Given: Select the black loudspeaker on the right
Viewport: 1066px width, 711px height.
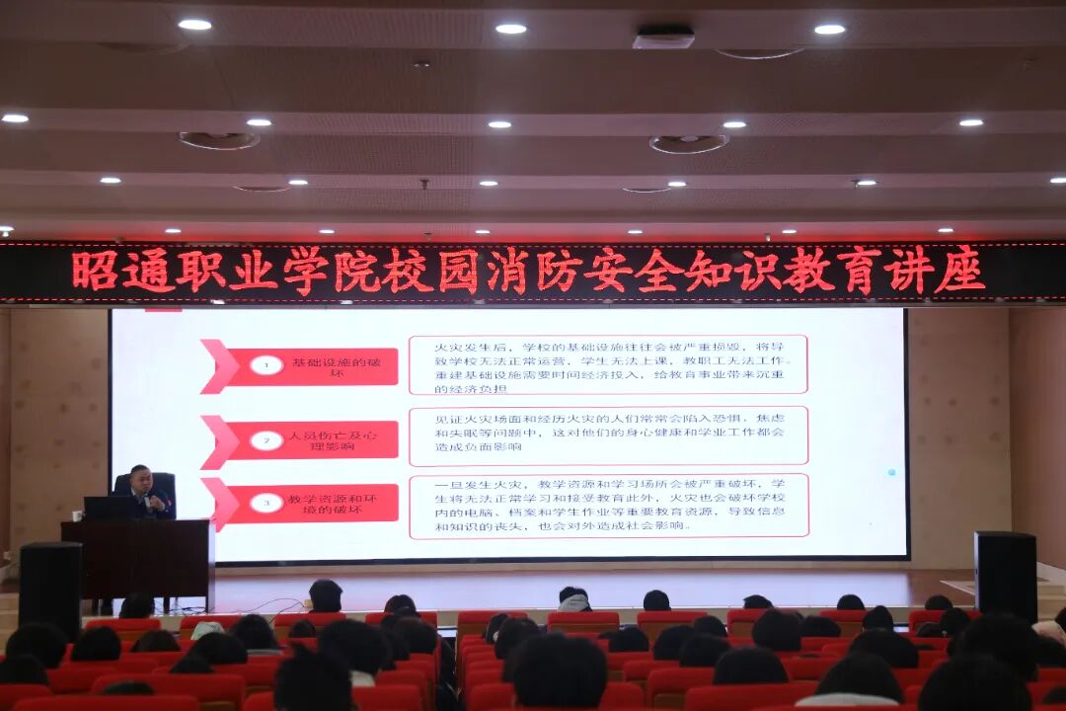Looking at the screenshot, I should coord(1005,577).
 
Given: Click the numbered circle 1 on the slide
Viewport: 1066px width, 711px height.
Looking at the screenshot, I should coord(266,365).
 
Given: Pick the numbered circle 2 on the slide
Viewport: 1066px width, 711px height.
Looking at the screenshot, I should coord(266,440).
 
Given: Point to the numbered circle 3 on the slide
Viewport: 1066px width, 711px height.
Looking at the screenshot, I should coord(266,503).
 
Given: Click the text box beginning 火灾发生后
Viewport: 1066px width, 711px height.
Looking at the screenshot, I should coord(608,364).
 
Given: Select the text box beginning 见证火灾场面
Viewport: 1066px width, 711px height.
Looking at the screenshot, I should coord(608,435).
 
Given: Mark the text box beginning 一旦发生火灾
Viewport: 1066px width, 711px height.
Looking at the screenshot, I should coord(608,506).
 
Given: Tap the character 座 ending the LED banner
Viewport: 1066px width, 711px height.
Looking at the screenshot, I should coord(959,271).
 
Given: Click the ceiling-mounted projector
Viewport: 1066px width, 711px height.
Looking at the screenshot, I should coord(663,38).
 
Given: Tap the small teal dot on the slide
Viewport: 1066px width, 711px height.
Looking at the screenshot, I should coord(891,472).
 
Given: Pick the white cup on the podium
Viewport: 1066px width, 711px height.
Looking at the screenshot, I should coord(76,515).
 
